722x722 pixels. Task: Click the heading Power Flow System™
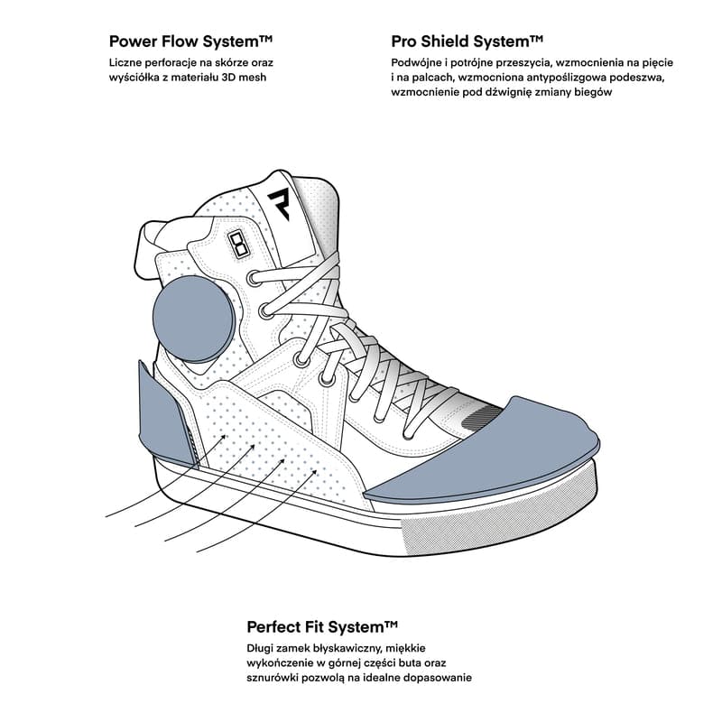tap(190, 42)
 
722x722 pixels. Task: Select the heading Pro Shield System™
tap(467, 42)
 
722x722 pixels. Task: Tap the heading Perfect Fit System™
tap(322, 626)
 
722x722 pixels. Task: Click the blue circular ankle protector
tap(194, 319)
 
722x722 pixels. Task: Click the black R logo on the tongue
tap(279, 203)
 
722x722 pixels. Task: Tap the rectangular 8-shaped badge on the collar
tap(239, 244)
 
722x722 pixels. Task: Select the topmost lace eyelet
tap(254, 278)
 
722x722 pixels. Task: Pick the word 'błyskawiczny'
tap(347, 648)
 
